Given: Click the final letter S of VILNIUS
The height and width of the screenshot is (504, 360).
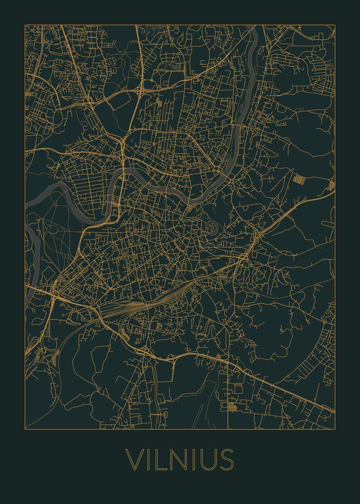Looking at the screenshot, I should pos(226,459).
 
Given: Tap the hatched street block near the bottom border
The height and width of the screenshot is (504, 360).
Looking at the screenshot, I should pos(231,406).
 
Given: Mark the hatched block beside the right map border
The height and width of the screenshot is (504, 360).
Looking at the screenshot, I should pos(331,185).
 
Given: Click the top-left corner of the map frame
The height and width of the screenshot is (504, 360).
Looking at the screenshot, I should pos(25,25).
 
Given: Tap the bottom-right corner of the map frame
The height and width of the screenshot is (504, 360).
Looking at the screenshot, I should pos(335,429).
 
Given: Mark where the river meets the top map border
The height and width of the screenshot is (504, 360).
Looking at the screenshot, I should pos(254,26).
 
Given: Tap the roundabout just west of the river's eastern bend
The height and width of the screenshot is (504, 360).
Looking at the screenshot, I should pos(217,168).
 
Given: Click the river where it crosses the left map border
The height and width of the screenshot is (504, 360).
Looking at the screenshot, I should pos(26,204).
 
